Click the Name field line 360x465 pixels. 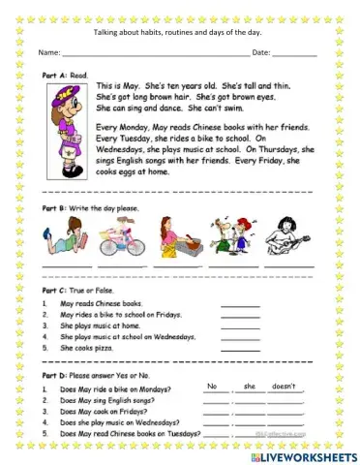[x=155, y=54]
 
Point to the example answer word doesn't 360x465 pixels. [x=283, y=386]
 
